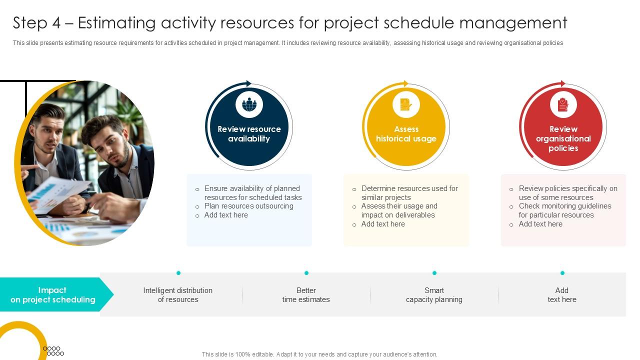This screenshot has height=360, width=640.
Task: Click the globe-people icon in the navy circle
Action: (249, 105)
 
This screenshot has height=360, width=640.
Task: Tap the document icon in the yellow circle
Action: (406, 105)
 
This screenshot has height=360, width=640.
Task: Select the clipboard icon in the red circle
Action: (563, 105)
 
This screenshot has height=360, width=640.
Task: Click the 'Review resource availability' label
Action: (249, 134)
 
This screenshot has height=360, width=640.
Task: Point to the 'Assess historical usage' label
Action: (406, 134)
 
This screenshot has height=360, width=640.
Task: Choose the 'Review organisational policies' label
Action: (563, 138)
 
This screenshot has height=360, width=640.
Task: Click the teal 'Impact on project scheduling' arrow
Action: (53, 295)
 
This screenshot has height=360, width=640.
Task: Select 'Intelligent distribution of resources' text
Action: (178, 295)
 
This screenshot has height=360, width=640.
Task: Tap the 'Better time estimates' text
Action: (306, 295)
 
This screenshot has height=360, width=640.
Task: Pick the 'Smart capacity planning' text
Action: (434, 295)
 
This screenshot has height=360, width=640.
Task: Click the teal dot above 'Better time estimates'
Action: (306, 273)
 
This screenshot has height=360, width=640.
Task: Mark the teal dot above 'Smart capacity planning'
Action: (434, 273)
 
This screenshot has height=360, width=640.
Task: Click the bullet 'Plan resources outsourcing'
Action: (248, 206)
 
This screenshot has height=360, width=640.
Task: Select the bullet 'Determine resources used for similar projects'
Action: (409, 193)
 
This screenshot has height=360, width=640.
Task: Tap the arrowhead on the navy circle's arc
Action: (248, 84)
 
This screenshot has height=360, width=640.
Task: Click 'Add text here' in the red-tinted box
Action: (540, 224)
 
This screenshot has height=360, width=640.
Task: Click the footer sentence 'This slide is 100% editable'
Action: (319, 354)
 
